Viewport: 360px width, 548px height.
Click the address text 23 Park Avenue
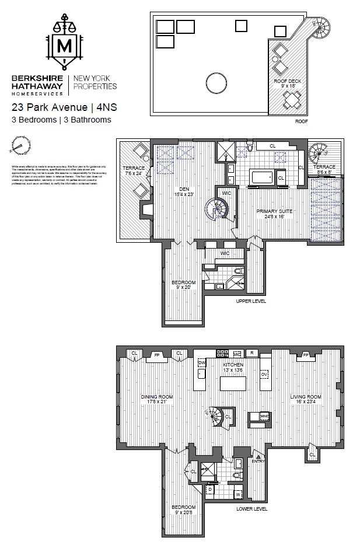pos(47,107)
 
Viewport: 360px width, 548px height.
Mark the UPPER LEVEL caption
pos(251,302)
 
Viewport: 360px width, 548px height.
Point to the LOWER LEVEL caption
pos(251,508)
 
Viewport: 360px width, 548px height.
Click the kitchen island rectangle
pos(233,384)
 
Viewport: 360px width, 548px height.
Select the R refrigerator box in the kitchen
pos(252,353)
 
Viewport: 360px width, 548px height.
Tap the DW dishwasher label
pos(202,362)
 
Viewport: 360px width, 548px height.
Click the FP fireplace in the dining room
pos(156,354)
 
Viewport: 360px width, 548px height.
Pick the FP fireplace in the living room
pos(305,354)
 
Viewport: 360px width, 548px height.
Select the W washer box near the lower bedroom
pos(238,495)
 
